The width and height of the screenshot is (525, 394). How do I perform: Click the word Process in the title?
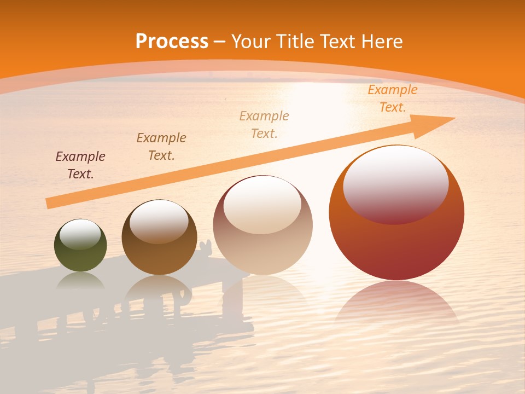[x=172, y=42]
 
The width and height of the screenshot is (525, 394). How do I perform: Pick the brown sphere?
[x=159, y=257]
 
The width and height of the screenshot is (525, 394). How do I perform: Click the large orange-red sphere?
[x=396, y=246]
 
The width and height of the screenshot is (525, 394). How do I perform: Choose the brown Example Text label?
[x=161, y=147]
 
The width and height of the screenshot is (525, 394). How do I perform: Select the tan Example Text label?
[x=264, y=125]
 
